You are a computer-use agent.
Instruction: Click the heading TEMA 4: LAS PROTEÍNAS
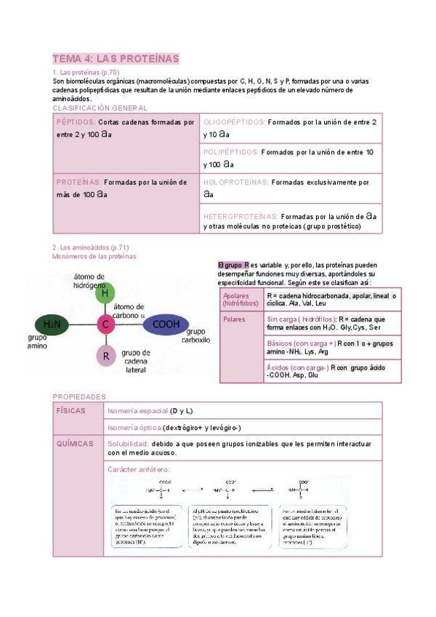[x=116, y=58]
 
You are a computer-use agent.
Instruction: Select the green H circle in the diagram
[x=105, y=292]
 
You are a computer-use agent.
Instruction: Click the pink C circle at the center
[x=105, y=324]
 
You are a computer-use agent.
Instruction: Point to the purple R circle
[x=106, y=356]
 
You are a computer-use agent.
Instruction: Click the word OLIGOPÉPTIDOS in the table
[x=234, y=122]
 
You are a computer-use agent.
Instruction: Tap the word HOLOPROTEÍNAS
[x=235, y=182]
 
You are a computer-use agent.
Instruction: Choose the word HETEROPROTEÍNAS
[x=240, y=216]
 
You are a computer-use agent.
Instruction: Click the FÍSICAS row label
[x=70, y=411]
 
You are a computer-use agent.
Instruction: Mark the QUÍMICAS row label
[x=73, y=442]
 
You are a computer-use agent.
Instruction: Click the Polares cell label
[x=235, y=319]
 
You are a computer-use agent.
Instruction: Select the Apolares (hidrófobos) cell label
[x=236, y=299]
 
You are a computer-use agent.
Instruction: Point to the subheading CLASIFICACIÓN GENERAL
[x=100, y=108]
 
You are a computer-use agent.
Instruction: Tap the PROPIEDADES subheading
[x=78, y=397]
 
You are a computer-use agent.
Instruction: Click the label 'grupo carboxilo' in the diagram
[x=195, y=335]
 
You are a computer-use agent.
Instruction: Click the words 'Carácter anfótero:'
[x=139, y=469]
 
